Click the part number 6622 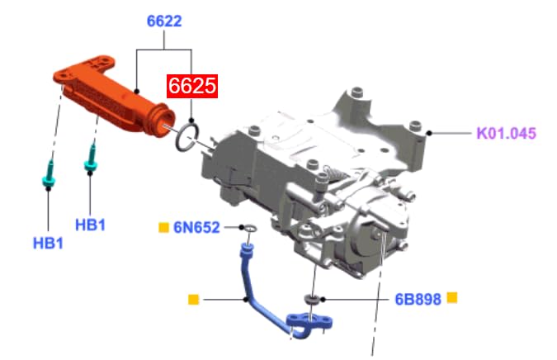point(164,21)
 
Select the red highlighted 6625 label point(192,86)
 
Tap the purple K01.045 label point(506,134)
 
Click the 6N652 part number point(196,227)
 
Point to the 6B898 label point(418,299)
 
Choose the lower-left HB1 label point(48,244)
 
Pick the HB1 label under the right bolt point(90,225)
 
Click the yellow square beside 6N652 point(163,227)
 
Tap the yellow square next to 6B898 point(452,297)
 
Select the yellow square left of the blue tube point(193,300)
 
